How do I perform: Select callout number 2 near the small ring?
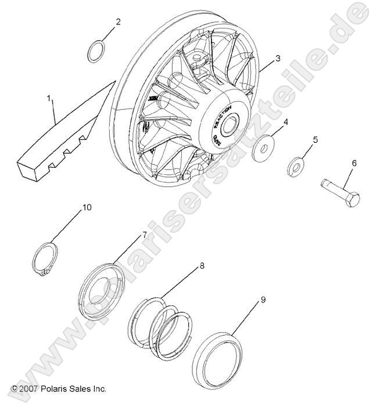118,22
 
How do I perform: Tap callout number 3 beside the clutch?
278,58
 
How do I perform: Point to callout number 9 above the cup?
263,300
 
